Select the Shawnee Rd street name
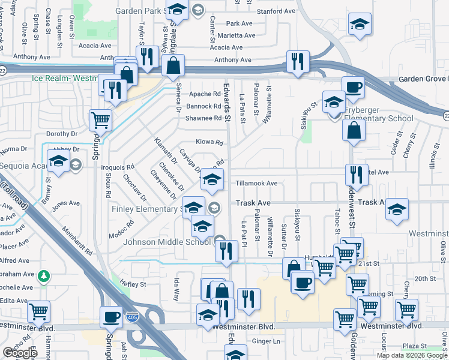[x=203, y=118]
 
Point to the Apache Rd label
[x=205, y=94]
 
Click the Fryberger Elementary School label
[x=378, y=118]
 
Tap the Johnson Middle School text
[x=167, y=242]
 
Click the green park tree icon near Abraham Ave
[x=43, y=277]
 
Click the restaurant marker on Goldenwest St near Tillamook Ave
[x=357, y=174]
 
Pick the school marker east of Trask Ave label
[x=396, y=209]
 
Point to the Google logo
[x=20, y=353]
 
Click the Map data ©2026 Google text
[x=411, y=355]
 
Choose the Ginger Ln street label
[x=267, y=341]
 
